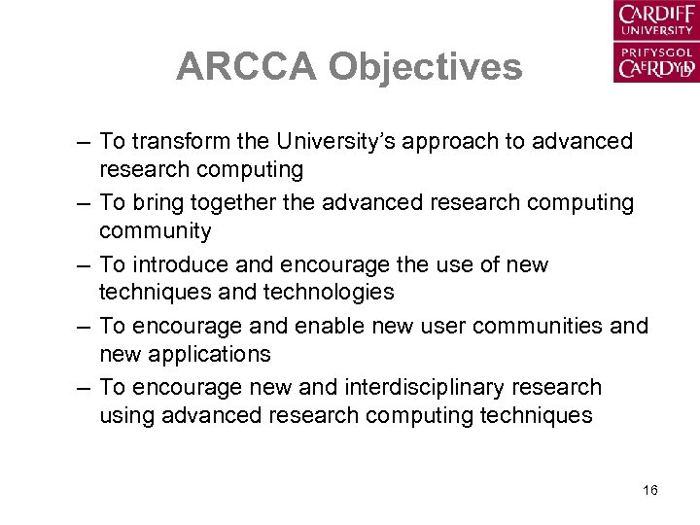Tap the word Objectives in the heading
(425, 67)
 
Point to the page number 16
(650, 490)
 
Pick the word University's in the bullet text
(324, 142)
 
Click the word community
(155, 231)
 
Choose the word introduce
(178, 264)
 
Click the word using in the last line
(126, 415)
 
